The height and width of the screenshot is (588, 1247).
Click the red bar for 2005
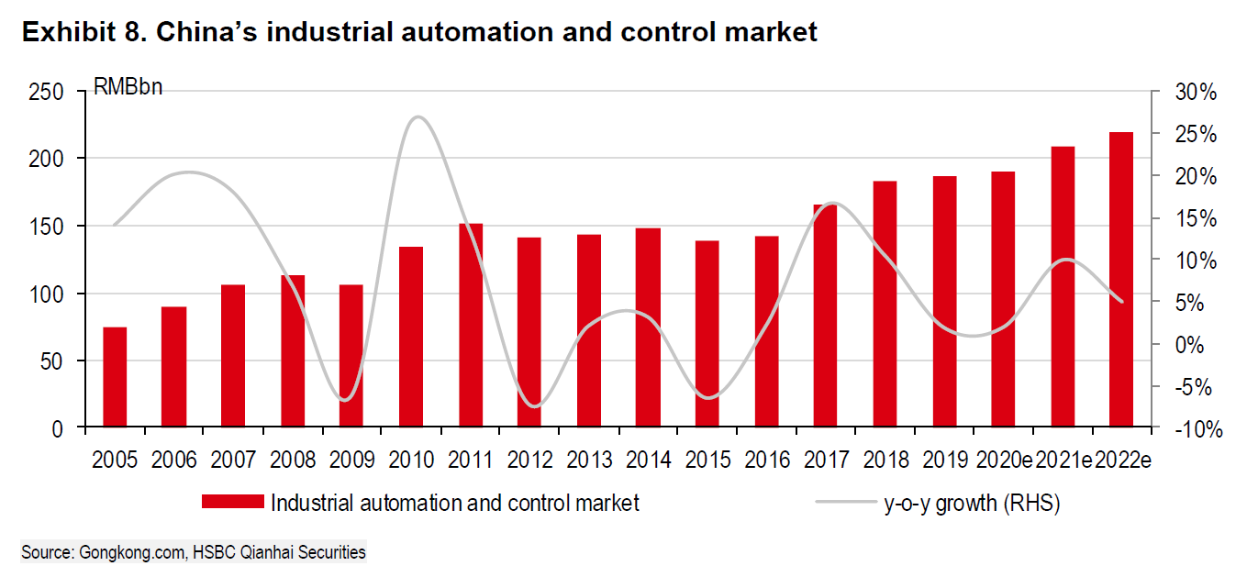115,377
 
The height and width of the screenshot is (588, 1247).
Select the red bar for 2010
411,337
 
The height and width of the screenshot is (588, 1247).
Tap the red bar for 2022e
1121,280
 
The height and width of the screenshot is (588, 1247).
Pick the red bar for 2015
707,334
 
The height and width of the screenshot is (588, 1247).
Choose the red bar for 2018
885,304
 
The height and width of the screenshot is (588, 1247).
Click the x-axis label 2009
351,459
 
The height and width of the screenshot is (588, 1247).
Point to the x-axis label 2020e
1003,459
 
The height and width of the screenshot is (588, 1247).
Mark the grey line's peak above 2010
418,116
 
